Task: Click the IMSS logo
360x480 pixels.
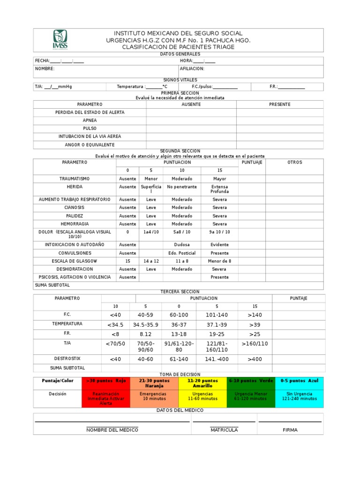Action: pyautogui.click(x=60, y=39)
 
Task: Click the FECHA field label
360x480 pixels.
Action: pyautogui.click(x=42, y=61)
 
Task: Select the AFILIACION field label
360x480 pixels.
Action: pyautogui.click(x=192, y=69)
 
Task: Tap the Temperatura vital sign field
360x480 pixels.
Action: pyautogui.click(x=142, y=87)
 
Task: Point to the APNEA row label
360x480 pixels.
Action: pyautogui.click(x=90, y=120)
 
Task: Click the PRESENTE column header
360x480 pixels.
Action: pyautogui.click(x=279, y=105)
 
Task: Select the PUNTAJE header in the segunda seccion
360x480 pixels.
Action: pyautogui.click(x=252, y=162)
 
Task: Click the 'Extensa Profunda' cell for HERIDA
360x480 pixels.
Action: pyautogui.click(x=219, y=189)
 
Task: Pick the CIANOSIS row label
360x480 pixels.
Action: pyautogui.click(x=75, y=207)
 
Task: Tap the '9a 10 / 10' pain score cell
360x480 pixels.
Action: pyautogui.click(x=219, y=232)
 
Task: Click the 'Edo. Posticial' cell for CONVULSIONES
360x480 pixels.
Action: pyautogui.click(x=182, y=253)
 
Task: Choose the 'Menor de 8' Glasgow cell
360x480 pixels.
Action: pyautogui.click(x=219, y=261)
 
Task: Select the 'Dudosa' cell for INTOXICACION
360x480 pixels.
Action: pyautogui.click(x=182, y=245)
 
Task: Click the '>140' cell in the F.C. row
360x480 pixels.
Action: pyautogui.click(x=255, y=315)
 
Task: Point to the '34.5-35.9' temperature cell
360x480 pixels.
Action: pyautogui.click(x=146, y=324)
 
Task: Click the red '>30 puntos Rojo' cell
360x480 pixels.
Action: pyautogui.click(x=106, y=381)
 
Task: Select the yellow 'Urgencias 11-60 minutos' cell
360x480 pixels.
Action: pyautogui.click(x=202, y=397)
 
